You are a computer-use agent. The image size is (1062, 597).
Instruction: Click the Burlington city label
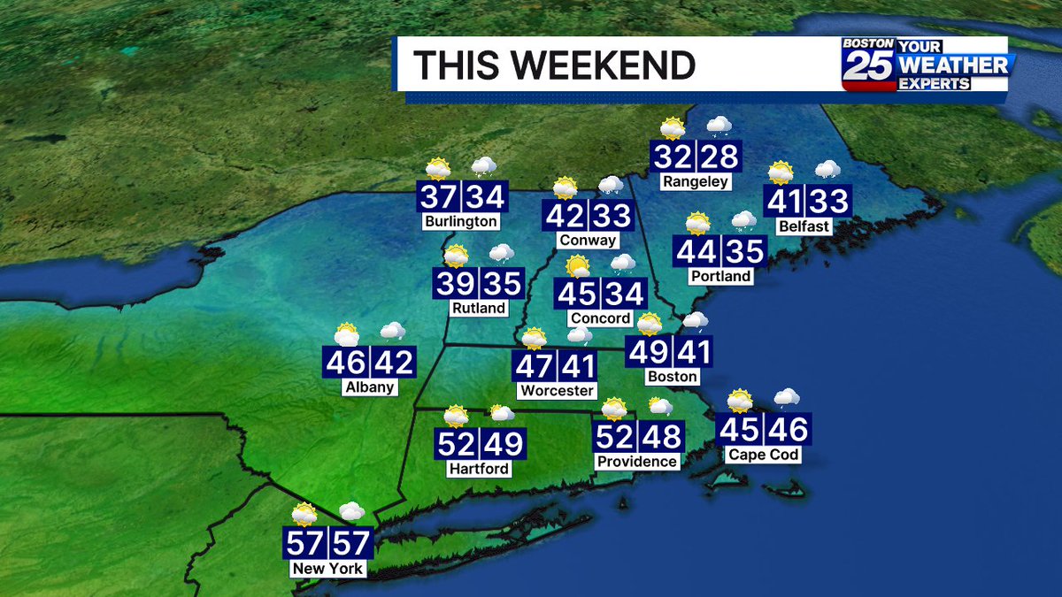(460, 221)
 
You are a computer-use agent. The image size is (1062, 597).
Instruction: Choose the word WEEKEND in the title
(610, 65)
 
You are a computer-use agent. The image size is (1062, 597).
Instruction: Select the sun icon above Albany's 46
(346, 333)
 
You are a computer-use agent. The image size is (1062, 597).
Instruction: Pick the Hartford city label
(479, 468)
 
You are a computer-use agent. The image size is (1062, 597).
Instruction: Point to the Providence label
(636, 461)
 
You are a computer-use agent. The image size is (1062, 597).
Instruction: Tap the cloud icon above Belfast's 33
(827, 169)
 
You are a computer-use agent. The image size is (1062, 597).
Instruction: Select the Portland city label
(720, 276)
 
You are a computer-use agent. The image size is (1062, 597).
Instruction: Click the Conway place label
(588, 240)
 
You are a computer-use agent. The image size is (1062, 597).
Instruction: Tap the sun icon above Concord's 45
(578, 264)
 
